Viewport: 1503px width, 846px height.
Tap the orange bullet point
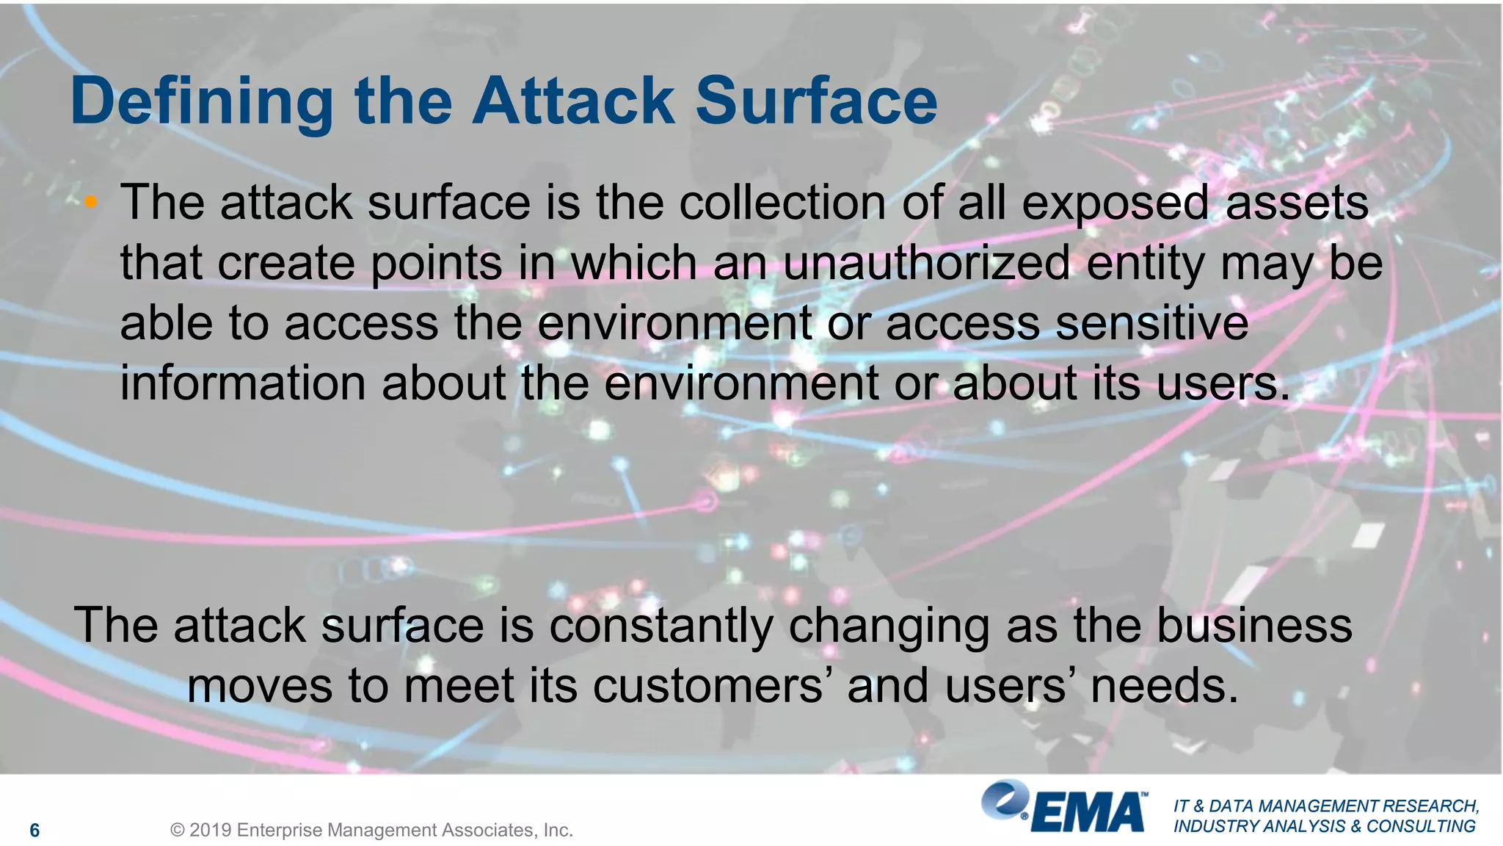(x=90, y=202)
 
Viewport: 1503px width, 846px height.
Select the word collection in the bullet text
(x=782, y=203)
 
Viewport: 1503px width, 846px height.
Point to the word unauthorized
(x=927, y=263)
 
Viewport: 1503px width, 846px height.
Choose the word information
(x=243, y=383)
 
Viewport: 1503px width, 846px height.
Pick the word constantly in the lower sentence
(x=660, y=626)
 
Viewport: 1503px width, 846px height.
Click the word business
(x=1254, y=626)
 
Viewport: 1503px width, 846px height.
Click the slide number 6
(x=34, y=831)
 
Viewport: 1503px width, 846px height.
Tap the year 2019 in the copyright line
(x=211, y=831)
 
